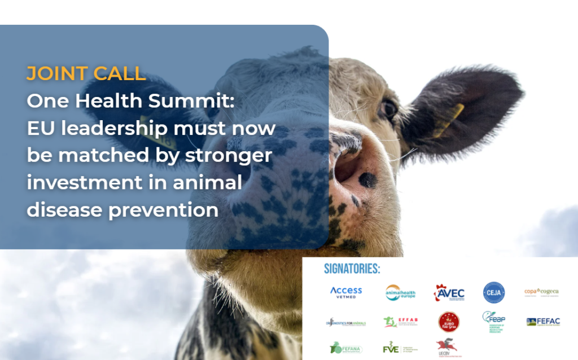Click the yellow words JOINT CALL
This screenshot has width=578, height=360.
(x=86, y=73)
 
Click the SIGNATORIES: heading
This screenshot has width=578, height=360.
(x=352, y=269)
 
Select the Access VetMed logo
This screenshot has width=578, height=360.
(x=346, y=292)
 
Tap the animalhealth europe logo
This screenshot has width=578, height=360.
(x=400, y=292)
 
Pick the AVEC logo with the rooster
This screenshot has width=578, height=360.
(x=449, y=292)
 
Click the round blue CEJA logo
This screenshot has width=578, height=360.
(x=494, y=292)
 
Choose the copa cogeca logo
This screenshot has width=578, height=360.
(x=541, y=292)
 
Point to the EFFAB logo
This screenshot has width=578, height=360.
(x=400, y=322)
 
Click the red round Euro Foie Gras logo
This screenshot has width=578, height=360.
(x=449, y=322)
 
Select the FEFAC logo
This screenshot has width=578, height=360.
(x=542, y=322)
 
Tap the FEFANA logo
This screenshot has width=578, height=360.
(x=346, y=348)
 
